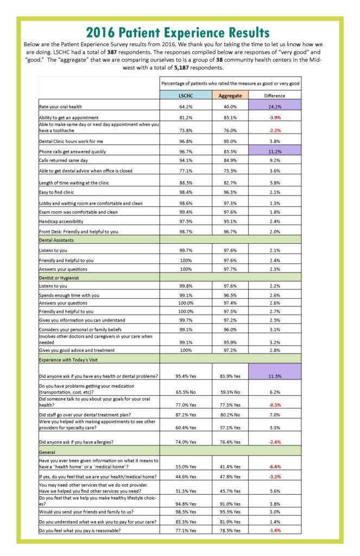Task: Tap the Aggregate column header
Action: (x=230, y=96)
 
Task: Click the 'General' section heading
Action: (x=47, y=451)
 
